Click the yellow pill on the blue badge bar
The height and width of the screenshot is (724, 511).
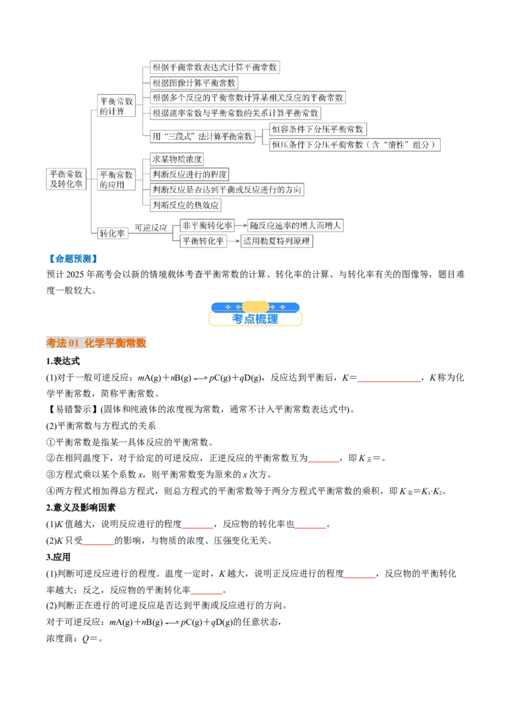256,307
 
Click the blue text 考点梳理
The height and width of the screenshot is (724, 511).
256,319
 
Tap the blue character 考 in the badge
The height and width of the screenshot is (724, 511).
238,319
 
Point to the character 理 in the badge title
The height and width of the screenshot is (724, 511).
273,319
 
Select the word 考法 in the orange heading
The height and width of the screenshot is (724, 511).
56,343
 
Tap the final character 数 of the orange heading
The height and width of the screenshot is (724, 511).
141,343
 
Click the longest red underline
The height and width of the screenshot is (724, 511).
388,381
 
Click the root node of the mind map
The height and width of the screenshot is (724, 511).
66,178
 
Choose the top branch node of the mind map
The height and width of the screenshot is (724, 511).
115,106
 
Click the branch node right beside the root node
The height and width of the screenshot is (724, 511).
115,178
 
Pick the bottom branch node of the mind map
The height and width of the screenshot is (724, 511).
113,233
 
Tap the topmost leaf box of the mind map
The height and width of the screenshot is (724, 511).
214,66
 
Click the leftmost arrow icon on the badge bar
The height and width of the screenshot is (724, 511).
220,308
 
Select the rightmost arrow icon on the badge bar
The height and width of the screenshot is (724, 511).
291,308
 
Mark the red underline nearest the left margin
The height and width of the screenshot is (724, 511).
98,545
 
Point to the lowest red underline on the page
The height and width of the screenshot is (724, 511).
206,594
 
